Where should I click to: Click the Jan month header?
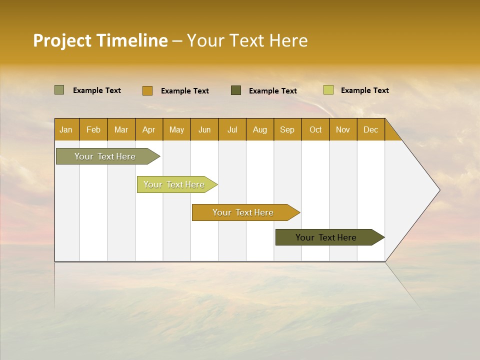tap(66, 129)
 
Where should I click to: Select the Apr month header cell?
tap(149, 129)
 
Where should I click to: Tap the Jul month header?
tap(232, 129)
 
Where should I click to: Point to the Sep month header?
tap(287, 129)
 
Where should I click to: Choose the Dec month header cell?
tap(370, 129)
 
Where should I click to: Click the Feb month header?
tap(93, 129)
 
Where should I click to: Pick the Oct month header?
tap(315, 129)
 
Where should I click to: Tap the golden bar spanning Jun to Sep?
tap(243, 212)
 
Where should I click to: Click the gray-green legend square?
tap(59, 90)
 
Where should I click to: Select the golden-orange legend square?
tap(147, 90)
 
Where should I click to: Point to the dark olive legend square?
tap(236, 90)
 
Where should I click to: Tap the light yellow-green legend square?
tap(328, 90)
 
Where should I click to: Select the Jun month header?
tap(204, 129)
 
